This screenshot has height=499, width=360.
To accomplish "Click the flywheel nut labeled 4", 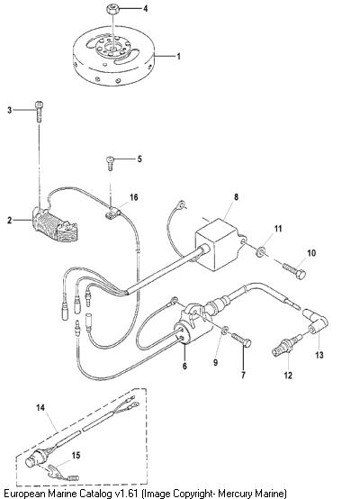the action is [x=112, y=9].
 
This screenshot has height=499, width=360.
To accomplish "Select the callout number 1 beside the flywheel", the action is [x=179, y=57].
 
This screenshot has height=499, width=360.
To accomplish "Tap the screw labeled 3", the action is [x=39, y=112].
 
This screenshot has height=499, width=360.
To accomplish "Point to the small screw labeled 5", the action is [x=111, y=164].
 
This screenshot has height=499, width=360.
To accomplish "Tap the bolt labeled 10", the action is [x=294, y=272].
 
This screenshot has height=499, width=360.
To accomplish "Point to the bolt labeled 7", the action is [x=241, y=339].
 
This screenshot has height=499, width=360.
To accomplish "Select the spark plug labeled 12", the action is [x=287, y=346].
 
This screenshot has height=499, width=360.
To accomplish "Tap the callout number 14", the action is [x=40, y=408].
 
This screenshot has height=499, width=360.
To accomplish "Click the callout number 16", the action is [x=133, y=197].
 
